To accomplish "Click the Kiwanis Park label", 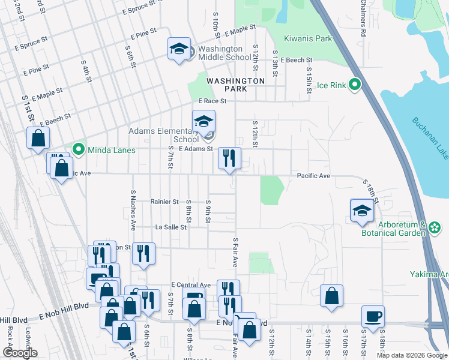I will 308,38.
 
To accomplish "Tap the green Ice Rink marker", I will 355,85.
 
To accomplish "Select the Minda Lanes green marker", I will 77,149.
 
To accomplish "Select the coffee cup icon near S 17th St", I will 373,316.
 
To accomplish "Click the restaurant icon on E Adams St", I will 229,158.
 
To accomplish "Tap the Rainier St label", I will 164,202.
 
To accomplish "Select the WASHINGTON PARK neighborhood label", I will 235,85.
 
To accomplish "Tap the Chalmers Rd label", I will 363,18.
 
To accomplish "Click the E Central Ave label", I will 190,284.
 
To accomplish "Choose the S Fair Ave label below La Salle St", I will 236,254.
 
